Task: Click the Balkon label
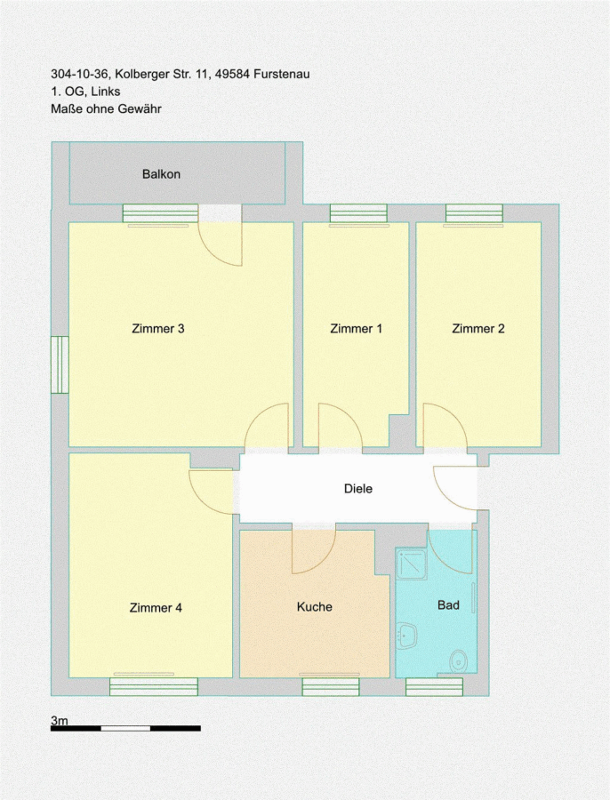(x=161, y=174)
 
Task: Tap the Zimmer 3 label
(x=157, y=329)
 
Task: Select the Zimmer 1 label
(x=356, y=329)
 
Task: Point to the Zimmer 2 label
(x=478, y=329)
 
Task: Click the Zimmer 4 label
(x=156, y=608)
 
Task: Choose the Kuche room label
(x=315, y=606)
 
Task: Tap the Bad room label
(x=449, y=605)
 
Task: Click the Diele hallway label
(x=358, y=489)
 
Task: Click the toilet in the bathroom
(x=459, y=661)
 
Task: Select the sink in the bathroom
(x=407, y=636)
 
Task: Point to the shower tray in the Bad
(x=412, y=564)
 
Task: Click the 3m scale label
(x=60, y=720)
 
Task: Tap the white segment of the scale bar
(x=125, y=729)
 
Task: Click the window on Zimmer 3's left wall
(x=60, y=364)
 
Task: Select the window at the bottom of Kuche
(x=330, y=687)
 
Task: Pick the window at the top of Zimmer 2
(x=474, y=213)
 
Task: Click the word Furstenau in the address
(x=281, y=74)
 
